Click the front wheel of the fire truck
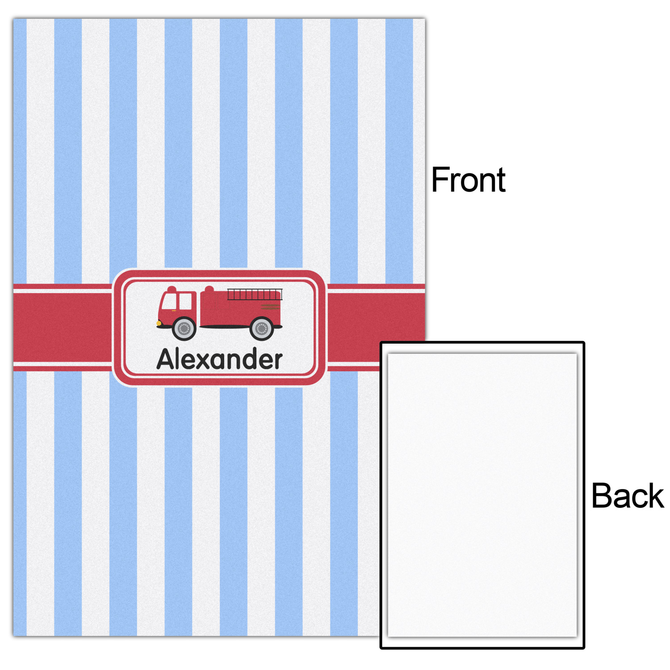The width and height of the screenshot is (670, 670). [184, 329]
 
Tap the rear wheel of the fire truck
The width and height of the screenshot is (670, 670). [262, 329]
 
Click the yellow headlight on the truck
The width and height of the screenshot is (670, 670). [159, 322]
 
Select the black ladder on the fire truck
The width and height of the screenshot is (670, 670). [255, 294]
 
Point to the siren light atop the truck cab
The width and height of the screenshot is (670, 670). [172, 289]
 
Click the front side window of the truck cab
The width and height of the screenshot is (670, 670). [169, 301]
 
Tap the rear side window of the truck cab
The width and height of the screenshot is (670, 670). [185, 301]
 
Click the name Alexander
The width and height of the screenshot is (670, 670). [219, 359]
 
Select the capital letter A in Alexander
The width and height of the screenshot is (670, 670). [166, 359]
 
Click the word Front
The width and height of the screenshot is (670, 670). [468, 180]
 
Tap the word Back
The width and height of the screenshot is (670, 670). [628, 496]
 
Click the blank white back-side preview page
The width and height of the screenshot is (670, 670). [482, 495]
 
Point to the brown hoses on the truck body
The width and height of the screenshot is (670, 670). [270, 306]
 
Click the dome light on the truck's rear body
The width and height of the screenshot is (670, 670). [209, 289]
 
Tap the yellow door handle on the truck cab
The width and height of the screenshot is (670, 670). [174, 310]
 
